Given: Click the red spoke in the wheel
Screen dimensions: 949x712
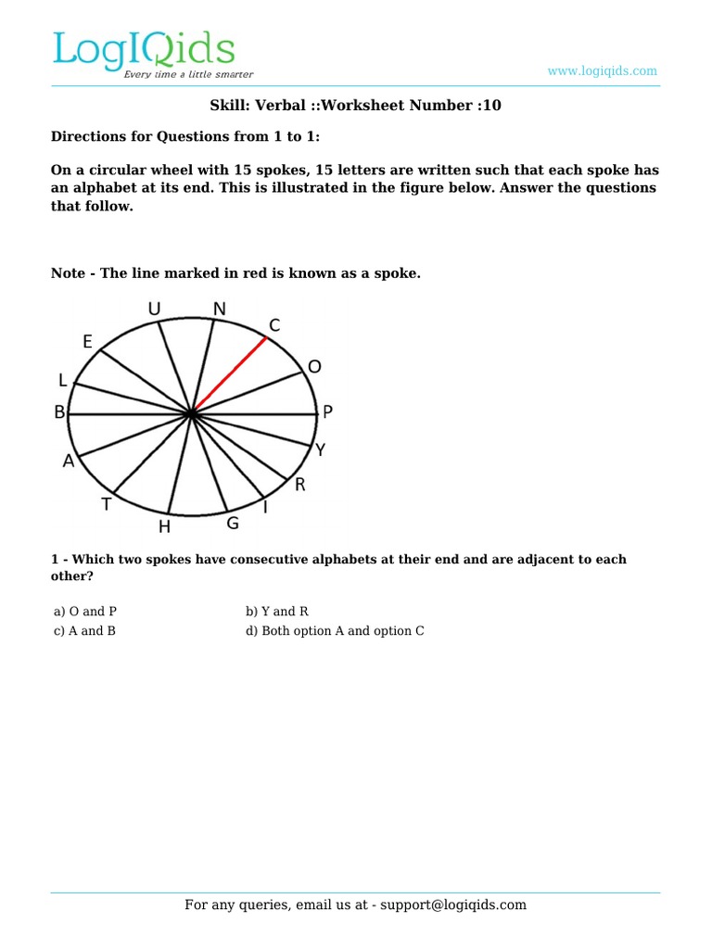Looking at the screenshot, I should [230, 374].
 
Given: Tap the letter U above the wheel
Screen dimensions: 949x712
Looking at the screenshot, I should [154, 308].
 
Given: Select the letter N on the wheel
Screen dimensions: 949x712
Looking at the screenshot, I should [219, 308].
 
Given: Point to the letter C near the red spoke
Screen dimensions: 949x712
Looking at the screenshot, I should [274, 325].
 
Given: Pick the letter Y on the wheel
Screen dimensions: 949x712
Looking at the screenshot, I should [321, 450].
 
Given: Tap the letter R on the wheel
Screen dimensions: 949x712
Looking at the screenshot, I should [299, 485].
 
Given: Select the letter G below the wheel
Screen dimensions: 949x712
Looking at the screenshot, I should [233, 524].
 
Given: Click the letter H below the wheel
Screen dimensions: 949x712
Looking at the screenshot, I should [164, 527].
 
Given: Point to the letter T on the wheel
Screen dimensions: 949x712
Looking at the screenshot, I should [107, 505].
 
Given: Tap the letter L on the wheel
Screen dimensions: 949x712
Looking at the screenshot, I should [63, 380].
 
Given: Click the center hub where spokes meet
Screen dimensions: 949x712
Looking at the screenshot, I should [192, 413].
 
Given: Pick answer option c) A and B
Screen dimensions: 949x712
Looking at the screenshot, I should [84, 631].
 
